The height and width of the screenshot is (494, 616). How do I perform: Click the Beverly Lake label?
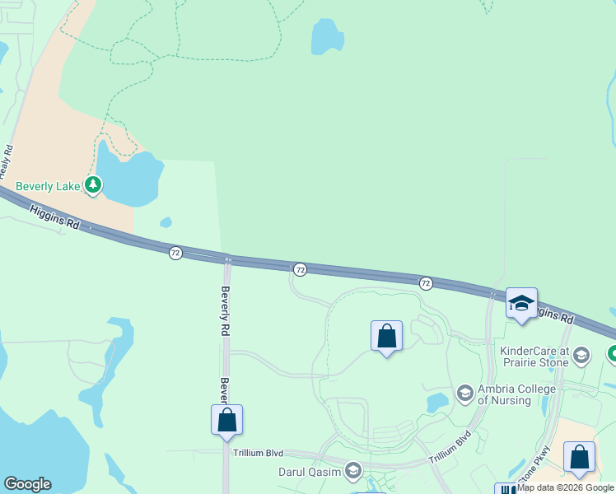(48, 187)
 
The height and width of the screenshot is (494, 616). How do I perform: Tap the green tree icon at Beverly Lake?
(94, 186)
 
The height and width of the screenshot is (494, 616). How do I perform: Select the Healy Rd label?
(8, 161)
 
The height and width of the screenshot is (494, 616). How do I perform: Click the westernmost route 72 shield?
(175, 253)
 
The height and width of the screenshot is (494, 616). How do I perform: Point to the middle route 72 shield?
(301, 269)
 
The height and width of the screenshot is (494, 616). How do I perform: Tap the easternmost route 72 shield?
(426, 283)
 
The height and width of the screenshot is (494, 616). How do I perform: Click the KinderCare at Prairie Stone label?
(534, 357)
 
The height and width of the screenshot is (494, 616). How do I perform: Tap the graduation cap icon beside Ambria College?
(464, 394)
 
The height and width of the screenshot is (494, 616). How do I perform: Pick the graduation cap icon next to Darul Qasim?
(353, 472)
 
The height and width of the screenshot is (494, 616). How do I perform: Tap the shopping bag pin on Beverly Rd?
(226, 419)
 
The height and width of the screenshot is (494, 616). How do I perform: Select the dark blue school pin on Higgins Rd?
(521, 303)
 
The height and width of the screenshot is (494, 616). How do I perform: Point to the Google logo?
(27, 484)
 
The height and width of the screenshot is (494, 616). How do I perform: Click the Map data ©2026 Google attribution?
(565, 487)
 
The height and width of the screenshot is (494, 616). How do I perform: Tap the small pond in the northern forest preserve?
(327, 37)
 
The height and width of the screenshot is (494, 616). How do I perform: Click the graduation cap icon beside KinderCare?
(581, 356)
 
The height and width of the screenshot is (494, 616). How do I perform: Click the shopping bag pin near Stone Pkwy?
(580, 457)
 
